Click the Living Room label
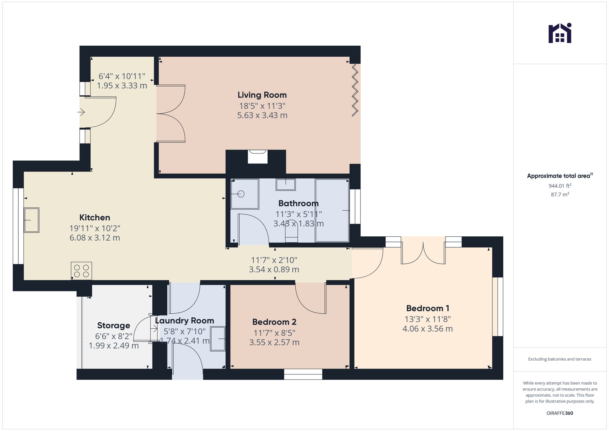pos(262,95)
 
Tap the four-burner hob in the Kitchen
pos(81,271)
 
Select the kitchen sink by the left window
pos(31,220)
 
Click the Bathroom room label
pos(298,203)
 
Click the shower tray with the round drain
pos(245,194)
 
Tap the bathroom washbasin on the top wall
pos(285,185)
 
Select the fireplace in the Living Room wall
pos(258,157)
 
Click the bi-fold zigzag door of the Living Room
pos(355,90)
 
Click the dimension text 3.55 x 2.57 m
pos(274,342)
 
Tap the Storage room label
pos(114,325)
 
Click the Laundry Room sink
pos(217,339)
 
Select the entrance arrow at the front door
pos(81,113)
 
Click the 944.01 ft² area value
pos(560,186)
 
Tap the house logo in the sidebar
pos(560,34)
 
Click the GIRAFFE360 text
pos(560,413)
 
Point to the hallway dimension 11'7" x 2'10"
pos(274,260)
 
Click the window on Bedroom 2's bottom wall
pos(303,374)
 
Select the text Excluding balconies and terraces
pos(560,359)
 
